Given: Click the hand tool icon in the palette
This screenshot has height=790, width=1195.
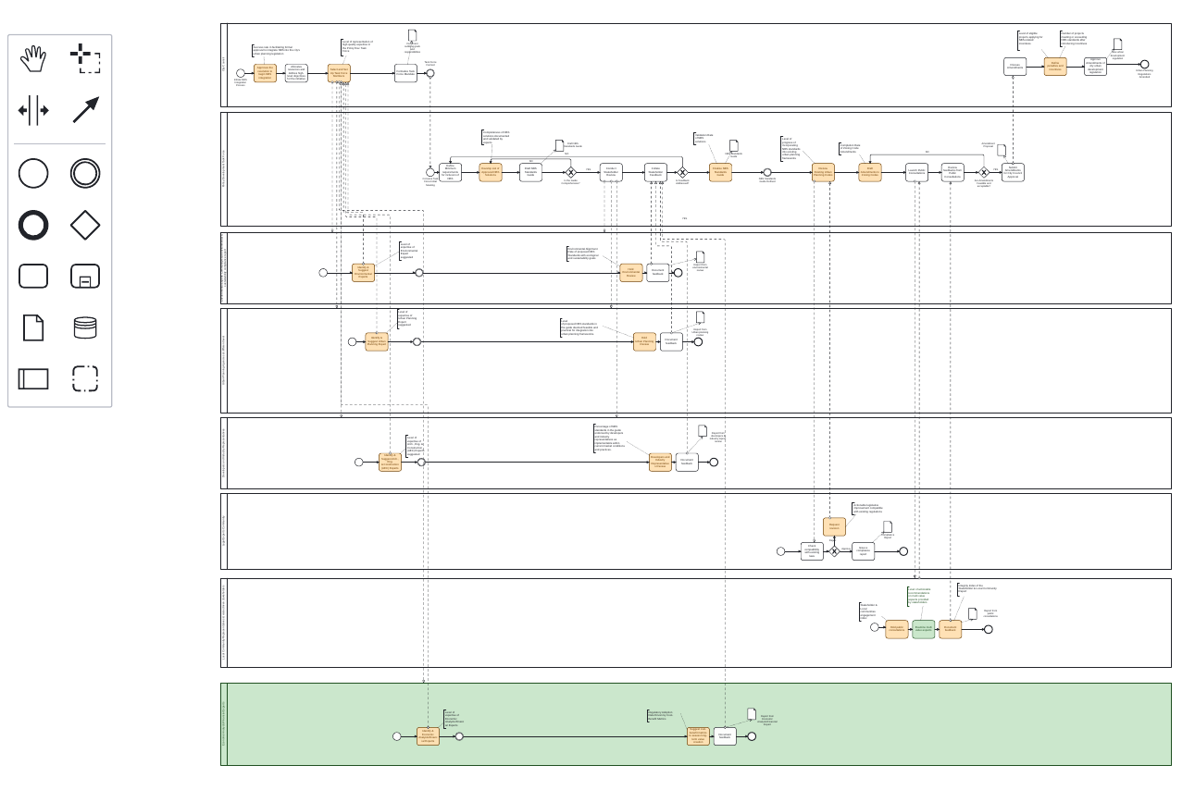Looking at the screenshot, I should tap(33, 58).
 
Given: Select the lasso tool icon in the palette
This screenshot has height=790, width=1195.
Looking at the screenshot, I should tap(85, 58).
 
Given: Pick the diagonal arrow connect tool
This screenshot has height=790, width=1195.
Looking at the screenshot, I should tap(85, 110).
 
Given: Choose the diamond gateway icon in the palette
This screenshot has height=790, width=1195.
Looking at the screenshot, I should tap(85, 225).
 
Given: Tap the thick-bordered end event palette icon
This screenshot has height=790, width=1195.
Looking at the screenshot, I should tap(33, 225).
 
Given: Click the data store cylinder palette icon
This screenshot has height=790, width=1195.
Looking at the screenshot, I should tap(85, 327).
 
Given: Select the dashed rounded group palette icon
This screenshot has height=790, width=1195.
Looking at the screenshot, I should tap(85, 378).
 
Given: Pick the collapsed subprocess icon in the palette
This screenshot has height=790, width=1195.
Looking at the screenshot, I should tap(85, 277).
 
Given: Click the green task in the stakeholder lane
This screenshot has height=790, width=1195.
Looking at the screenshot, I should tap(923, 629).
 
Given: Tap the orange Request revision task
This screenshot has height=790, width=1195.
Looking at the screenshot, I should tap(834, 527).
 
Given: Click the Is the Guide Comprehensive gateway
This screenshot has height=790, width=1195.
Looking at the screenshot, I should tap(571, 172).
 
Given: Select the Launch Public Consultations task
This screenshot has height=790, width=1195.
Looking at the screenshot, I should tap(916, 172).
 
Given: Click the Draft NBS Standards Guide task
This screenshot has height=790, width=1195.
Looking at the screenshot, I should tap(530, 172).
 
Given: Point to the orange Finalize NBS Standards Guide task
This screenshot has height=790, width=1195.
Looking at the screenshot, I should tap(721, 172).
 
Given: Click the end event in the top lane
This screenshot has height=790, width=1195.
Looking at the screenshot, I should tap(1144, 66).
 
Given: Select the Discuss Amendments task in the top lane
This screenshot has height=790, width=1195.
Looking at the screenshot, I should tap(1015, 67).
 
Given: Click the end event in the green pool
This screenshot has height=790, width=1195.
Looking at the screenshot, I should tap(752, 736).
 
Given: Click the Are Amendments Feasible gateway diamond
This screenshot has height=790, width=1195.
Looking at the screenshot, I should tap(984, 172).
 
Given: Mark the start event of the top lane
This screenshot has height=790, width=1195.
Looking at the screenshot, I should tap(240, 73).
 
